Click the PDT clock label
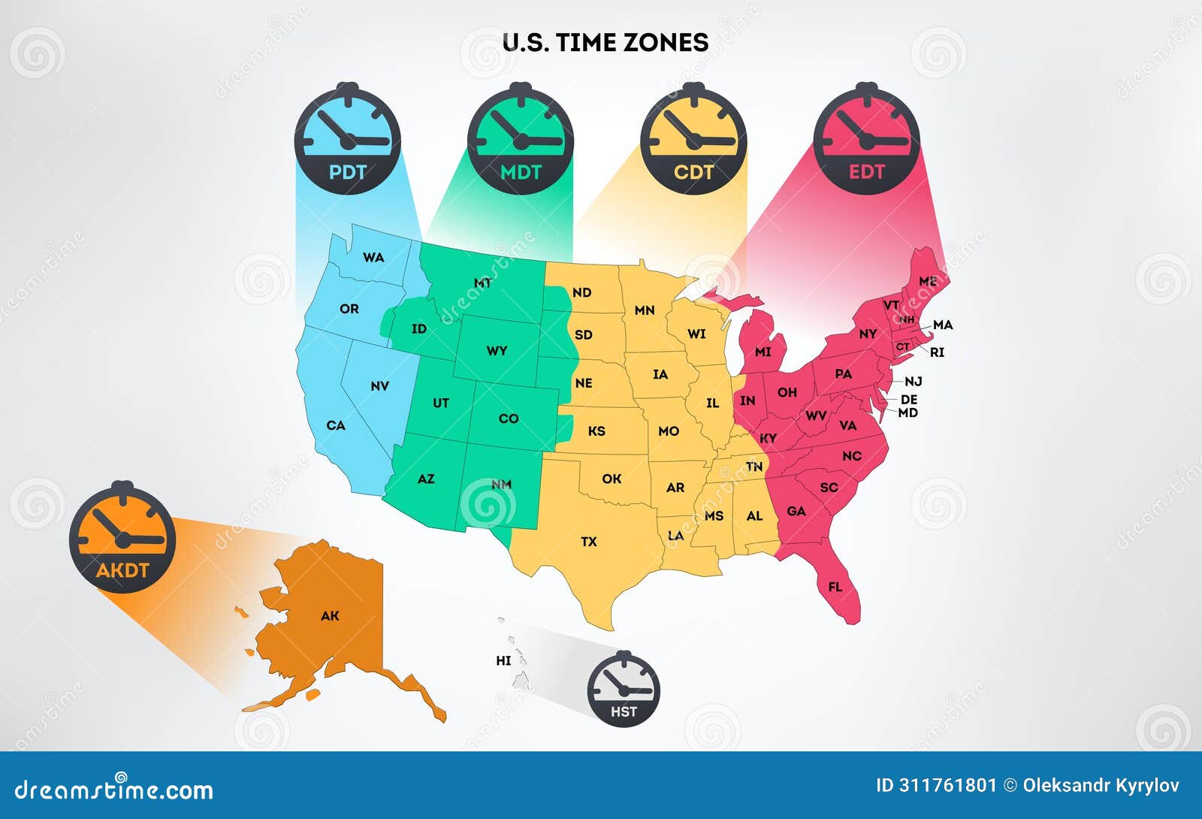(347, 172)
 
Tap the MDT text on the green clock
(521, 172)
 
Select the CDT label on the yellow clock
(693, 172)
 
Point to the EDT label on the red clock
(866, 172)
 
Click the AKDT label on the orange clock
(122, 570)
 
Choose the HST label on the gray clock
(624, 712)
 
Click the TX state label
(589, 541)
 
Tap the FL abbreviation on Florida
(835, 587)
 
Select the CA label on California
(336, 425)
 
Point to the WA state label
(373, 257)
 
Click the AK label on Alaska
(330, 616)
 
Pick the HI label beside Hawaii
(503, 660)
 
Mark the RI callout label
(937, 352)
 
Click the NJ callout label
(913, 382)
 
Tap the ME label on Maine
(928, 281)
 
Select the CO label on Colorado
(509, 419)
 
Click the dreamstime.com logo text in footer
(114, 790)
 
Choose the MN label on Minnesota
(645, 310)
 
